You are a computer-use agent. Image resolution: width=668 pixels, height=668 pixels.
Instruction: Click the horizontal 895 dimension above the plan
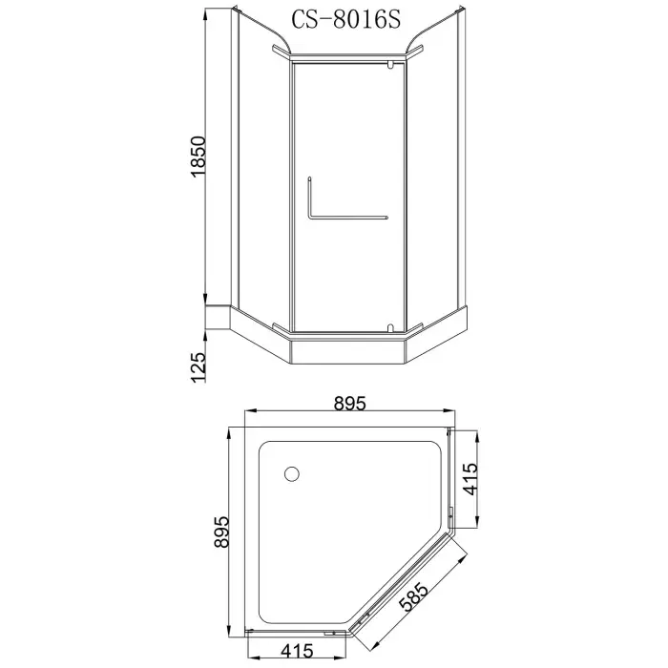[350, 404]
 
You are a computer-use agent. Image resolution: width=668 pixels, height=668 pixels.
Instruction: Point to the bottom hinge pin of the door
[390, 328]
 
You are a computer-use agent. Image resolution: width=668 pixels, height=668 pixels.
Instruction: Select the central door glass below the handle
[349, 277]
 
